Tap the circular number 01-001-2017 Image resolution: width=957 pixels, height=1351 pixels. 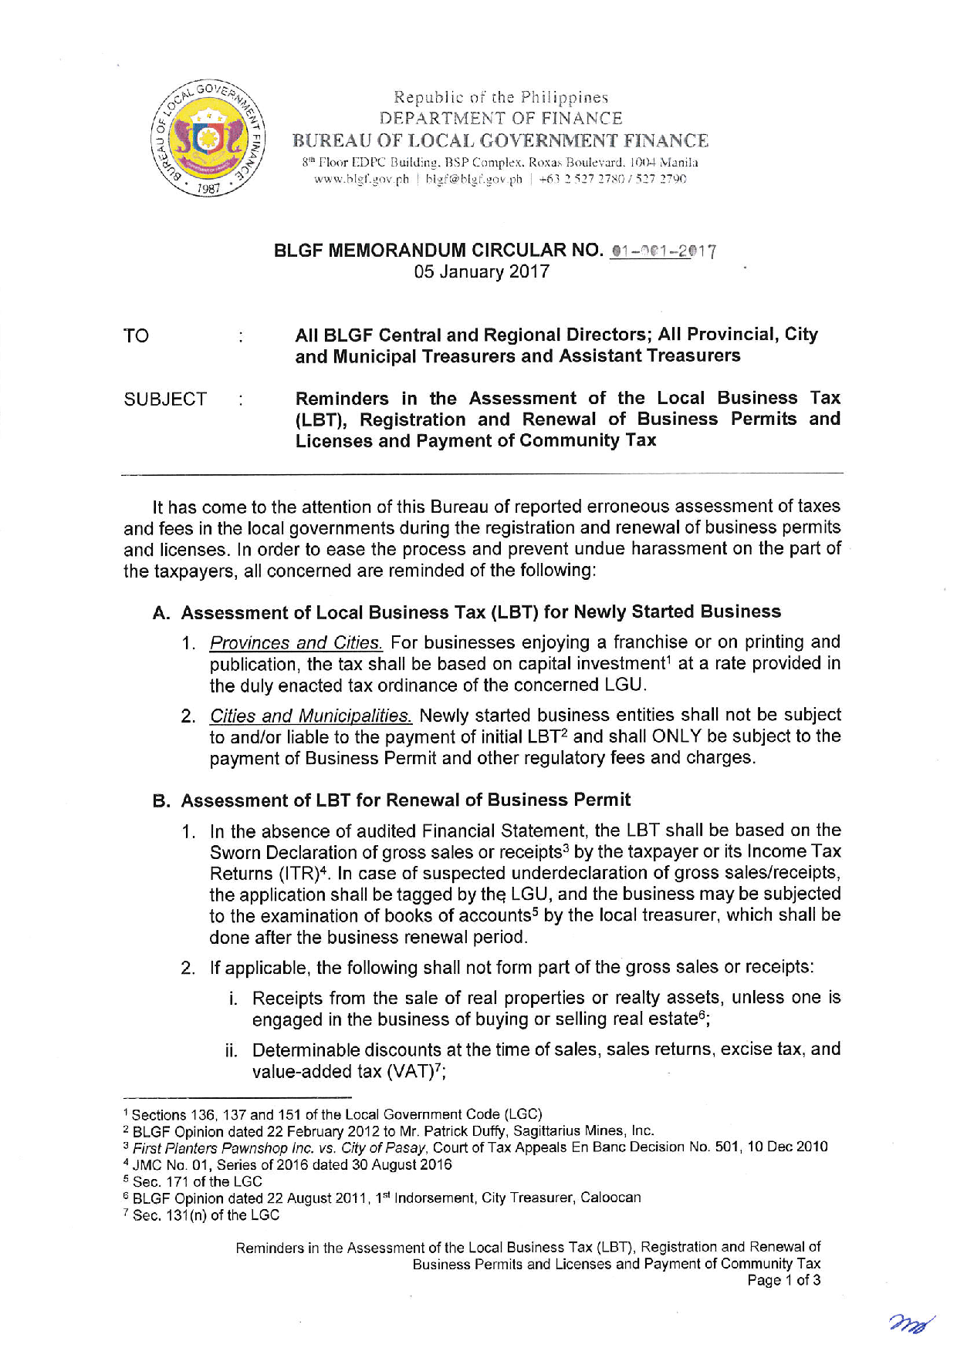(x=663, y=251)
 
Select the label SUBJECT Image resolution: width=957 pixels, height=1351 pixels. (x=165, y=399)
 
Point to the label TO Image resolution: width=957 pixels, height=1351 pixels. (x=136, y=335)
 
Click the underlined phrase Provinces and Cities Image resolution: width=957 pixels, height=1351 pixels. (x=296, y=642)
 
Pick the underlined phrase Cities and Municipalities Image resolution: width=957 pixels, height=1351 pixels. (x=310, y=716)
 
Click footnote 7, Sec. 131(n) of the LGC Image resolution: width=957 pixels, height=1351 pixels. (x=205, y=1215)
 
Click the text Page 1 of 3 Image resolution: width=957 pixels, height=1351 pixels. (x=783, y=1281)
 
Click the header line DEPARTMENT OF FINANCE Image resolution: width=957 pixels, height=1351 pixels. (x=501, y=118)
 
